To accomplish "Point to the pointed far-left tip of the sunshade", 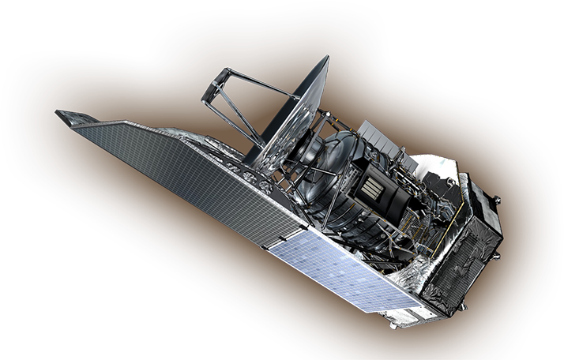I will point(58,113).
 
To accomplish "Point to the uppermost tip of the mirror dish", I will point(325,57).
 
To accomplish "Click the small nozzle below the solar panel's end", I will point(393,324).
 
